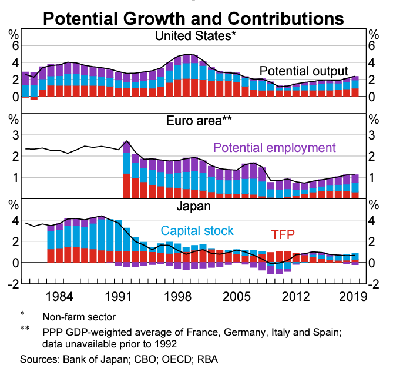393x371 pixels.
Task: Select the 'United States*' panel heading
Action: pos(195,36)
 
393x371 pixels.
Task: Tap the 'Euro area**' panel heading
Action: pos(195,122)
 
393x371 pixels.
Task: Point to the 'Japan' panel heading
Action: pos(195,207)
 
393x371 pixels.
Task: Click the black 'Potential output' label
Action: pos(304,71)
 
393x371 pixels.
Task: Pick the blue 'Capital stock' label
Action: pos(197,231)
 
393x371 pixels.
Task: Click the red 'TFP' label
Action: pos(283,235)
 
